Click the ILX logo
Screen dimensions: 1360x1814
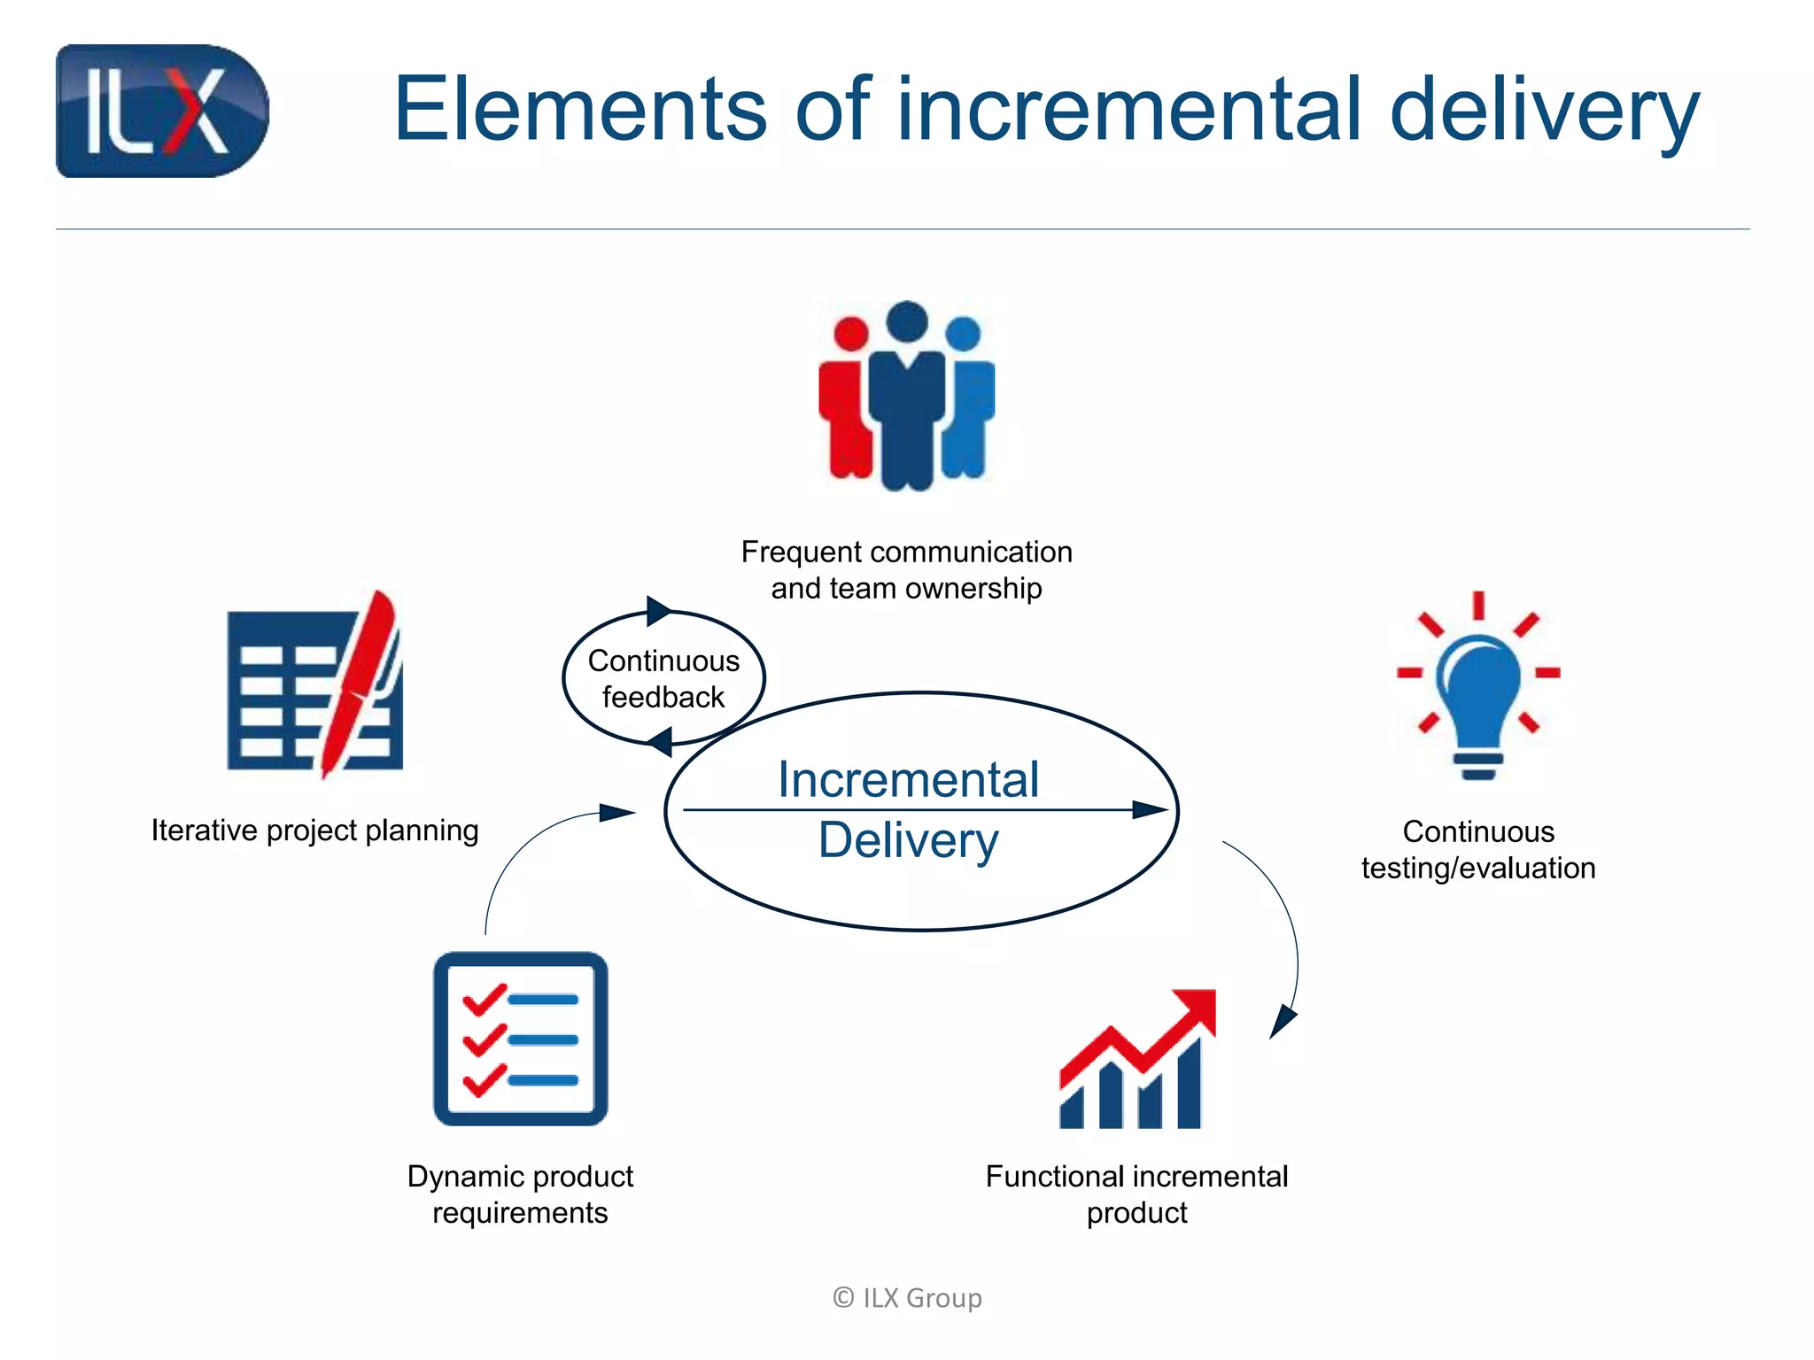(x=162, y=112)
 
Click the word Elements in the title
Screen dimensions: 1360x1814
(x=580, y=110)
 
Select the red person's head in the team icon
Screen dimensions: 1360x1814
(x=851, y=334)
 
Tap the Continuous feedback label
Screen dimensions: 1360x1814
(x=663, y=679)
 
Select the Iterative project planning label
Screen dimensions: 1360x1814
(x=314, y=831)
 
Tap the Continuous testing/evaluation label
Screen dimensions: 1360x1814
(x=1478, y=850)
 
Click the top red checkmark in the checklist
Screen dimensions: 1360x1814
(x=484, y=999)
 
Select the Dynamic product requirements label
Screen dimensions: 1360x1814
(x=520, y=1194)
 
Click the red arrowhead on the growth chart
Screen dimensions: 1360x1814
(x=1196, y=1009)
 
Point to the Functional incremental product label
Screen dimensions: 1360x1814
(x=1136, y=1194)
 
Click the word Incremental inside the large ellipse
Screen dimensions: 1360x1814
(x=908, y=780)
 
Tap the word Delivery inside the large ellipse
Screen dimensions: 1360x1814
(x=908, y=840)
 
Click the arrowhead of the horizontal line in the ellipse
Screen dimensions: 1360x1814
(x=1151, y=809)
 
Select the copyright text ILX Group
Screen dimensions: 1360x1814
(x=908, y=1298)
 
